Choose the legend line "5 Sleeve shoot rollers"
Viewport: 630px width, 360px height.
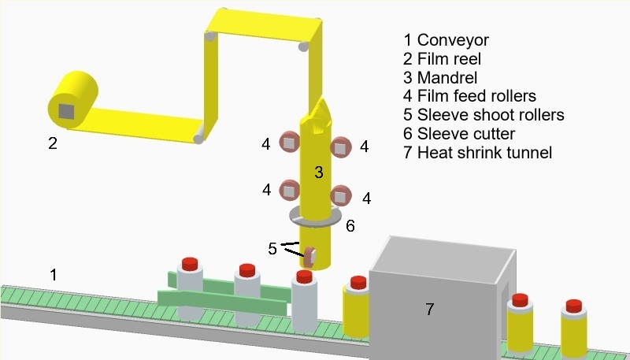point(483,115)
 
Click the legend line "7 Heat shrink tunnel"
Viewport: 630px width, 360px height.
point(477,153)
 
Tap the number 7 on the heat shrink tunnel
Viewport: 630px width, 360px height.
point(429,310)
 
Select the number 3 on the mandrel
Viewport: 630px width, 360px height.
point(318,172)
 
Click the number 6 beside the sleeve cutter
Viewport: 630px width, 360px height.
point(350,226)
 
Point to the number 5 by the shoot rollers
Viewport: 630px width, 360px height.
point(272,248)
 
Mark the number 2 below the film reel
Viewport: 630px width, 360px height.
point(53,143)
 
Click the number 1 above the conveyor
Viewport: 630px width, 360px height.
point(53,275)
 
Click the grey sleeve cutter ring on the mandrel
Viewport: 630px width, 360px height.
point(315,214)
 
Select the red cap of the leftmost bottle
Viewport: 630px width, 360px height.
point(190,262)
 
